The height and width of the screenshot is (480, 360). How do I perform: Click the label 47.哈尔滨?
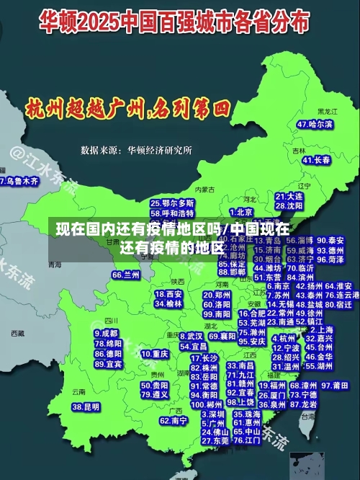[315, 124]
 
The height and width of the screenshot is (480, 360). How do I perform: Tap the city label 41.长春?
[317, 159]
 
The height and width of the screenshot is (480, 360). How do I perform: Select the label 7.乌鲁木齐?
[19, 181]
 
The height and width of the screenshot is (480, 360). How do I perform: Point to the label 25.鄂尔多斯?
[172, 204]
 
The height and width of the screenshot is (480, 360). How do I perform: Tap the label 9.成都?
[107, 334]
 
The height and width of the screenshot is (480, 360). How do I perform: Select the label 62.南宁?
[174, 420]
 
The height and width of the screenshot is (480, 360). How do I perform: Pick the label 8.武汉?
[191, 336]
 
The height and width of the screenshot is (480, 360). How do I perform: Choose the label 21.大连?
[289, 195]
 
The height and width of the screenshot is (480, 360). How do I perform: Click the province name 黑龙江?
[327, 112]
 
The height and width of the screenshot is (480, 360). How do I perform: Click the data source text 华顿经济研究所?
[160, 151]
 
